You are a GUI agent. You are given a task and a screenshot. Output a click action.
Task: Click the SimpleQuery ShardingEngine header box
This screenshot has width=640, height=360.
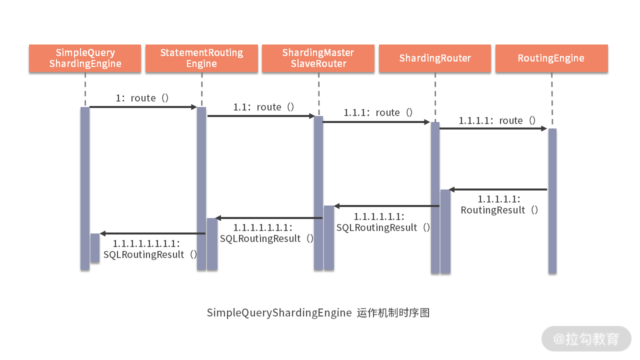pyautogui.click(x=85, y=58)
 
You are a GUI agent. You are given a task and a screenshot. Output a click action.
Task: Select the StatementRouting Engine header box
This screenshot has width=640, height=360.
pyautogui.click(x=201, y=58)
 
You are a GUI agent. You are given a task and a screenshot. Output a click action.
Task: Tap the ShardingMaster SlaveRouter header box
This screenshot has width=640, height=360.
pyautogui.click(x=318, y=58)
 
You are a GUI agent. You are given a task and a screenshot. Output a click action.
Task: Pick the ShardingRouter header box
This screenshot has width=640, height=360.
pyautogui.click(x=435, y=58)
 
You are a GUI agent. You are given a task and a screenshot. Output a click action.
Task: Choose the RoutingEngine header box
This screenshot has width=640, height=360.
pyautogui.click(x=551, y=58)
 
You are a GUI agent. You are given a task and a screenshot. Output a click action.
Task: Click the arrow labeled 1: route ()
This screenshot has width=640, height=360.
pyautogui.click(x=143, y=107)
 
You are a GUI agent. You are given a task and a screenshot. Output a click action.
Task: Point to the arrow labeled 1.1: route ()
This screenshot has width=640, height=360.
pyautogui.click(x=260, y=116)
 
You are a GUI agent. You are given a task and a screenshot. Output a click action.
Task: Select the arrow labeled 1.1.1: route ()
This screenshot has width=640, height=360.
pyautogui.click(x=376, y=122)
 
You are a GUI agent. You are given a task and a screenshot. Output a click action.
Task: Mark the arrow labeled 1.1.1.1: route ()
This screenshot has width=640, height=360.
pyautogui.click(x=493, y=128)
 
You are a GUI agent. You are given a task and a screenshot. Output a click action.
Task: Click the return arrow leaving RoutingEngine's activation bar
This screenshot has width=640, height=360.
pyautogui.click(x=498, y=189)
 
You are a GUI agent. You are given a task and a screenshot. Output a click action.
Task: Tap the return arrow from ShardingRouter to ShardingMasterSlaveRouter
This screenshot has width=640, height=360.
pyautogui.click(x=386, y=206)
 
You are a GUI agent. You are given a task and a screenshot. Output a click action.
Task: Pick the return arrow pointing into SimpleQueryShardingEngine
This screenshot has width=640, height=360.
pyautogui.click(x=152, y=233)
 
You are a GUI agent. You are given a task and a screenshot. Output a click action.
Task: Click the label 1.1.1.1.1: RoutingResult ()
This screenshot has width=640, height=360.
pyautogui.click(x=499, y=204)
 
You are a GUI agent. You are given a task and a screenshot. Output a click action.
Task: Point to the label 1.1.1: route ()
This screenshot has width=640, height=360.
pyautogui.click(x=378, y=112)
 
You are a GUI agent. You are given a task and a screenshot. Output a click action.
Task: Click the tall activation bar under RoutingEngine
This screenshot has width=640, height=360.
pyautogui.click(x=552, y=200)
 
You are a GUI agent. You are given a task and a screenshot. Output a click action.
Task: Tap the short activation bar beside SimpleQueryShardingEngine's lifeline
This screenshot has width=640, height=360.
pyautogui.click(x=95, y=247)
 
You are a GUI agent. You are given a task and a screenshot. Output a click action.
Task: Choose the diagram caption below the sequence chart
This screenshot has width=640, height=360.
pyautogui.click(x=318, y=313)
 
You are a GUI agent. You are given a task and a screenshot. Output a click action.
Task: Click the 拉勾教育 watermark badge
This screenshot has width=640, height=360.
pyautogui.click(x=586, y=339)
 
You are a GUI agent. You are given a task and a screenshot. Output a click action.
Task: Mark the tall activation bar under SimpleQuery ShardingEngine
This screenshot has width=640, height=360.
pyautogui.click(x=85, y=188)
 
